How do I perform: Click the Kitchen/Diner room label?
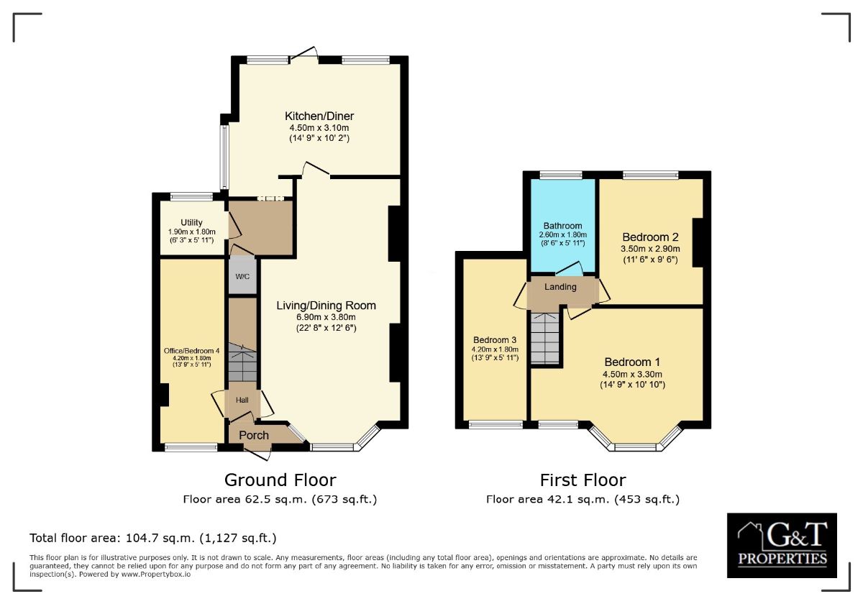tap(319, 116)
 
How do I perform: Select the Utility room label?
tap(191, 222)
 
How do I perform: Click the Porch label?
tap(254, 435)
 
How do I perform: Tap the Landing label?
tap(560, 287)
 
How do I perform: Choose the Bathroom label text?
tap(562, 226)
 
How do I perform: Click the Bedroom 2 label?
tap(651, 237)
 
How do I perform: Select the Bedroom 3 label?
tap(495, 340)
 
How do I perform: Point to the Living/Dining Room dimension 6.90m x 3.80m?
tap(326, 317)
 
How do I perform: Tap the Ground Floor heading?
tap(280, 480)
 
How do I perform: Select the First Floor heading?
tap(583, 480)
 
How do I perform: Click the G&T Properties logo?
tap(781, 545)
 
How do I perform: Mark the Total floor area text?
tap(152, 538)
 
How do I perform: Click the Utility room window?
tap(191, 196)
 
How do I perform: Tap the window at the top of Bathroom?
tap(561, 175)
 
